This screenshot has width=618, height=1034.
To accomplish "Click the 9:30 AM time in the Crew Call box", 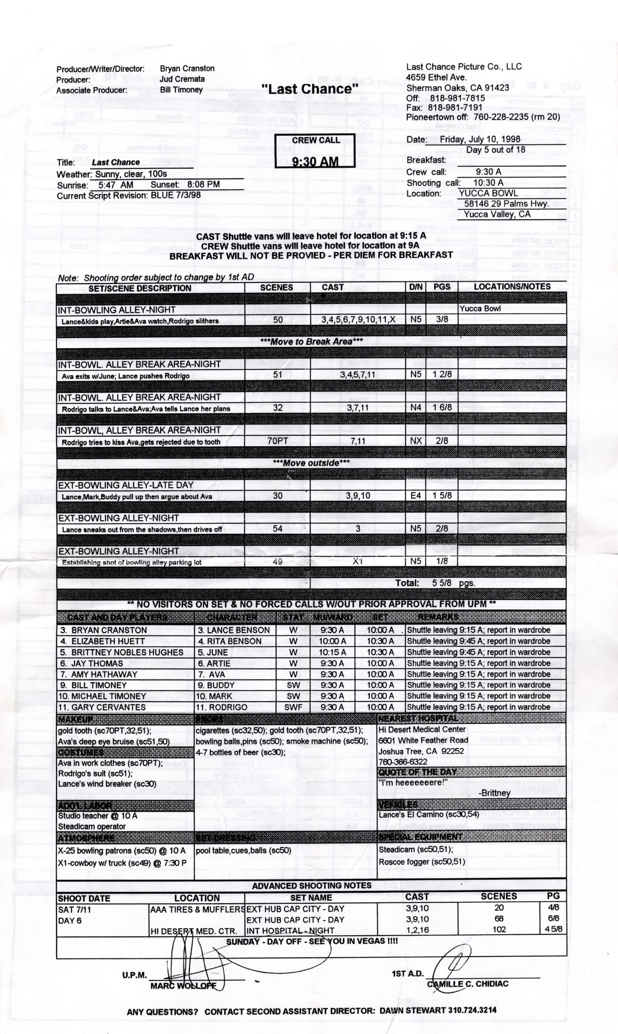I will click(x=315, y=161).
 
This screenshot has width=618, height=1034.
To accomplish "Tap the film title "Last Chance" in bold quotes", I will click(x=310, y=89).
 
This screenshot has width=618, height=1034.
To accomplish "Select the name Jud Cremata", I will click(x=182, y=79).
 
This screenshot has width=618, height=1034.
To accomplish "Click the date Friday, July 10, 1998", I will click(x=480, y=139).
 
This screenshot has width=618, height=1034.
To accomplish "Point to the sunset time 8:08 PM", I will click(x=203, y=184).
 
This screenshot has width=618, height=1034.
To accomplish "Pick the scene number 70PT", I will click(x=277, y=441).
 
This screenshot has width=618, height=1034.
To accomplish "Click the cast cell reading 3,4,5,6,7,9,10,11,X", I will click(x=358, y=319).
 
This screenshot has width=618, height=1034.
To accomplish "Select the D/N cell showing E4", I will click(x=416, y=495).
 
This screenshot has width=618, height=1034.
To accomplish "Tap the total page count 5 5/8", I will click(x=441, y=583).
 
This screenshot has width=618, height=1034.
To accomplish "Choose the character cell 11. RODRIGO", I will click(x=222, y=707).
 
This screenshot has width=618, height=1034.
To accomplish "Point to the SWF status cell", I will click(x=293, y=707).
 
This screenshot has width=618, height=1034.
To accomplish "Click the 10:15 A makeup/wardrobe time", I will click(x=332, y=652).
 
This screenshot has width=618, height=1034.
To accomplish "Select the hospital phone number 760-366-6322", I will click(x=403, y=761).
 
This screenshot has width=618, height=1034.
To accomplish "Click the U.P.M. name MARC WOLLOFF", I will click(x=183, y=986).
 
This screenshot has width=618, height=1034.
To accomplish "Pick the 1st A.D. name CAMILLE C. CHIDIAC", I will click(x=467, y=984).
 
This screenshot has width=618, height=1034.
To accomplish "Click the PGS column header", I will click(x=441, y=286).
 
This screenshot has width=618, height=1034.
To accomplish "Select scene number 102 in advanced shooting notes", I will click(x=499, y=929).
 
